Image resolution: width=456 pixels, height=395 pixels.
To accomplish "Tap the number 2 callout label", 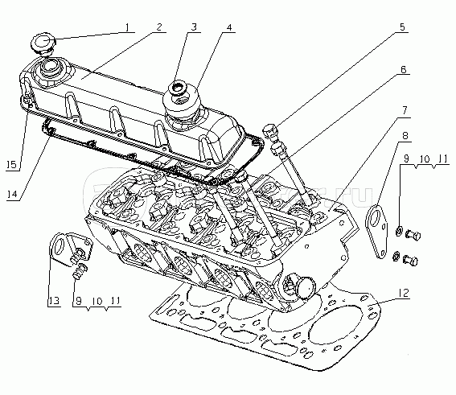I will pyautogui.click(x=159, y=27).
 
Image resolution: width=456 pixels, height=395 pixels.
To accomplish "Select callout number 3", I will pyautogui.click(x=194, y=27).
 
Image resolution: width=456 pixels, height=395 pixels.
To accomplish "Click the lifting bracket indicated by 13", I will pyautogui.click(x=65, y=248).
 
